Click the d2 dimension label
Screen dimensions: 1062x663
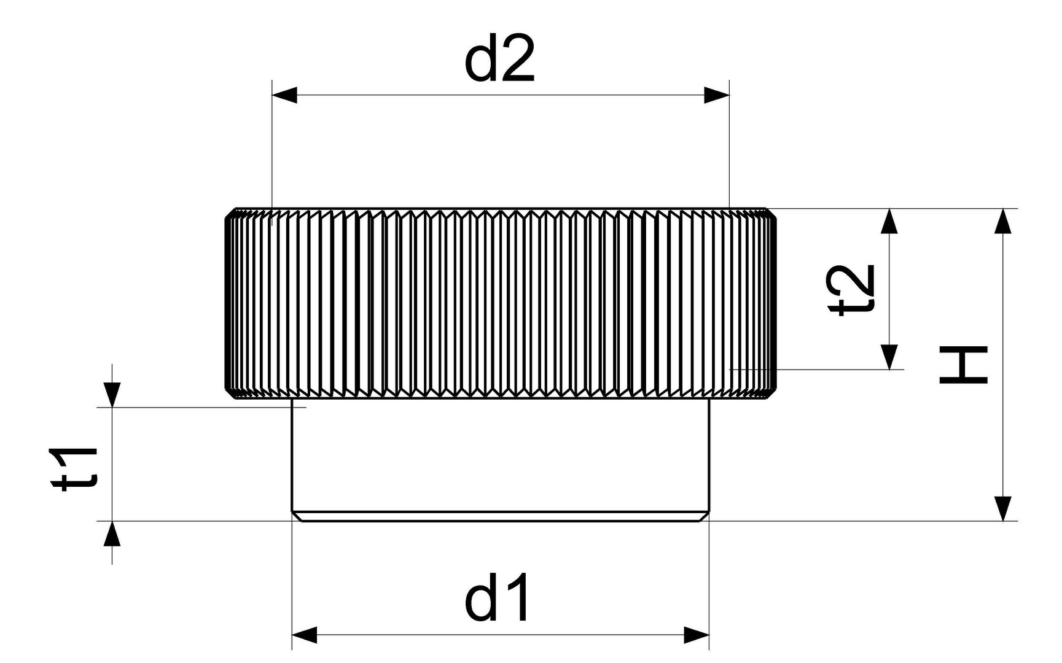tap(499, 59)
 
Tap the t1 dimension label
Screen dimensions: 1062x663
tap(76, 469)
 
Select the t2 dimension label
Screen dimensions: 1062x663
tap(851, 289)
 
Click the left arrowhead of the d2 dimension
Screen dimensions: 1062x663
tap(284, 95)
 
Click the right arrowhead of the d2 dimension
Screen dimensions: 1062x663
tap(717, 95)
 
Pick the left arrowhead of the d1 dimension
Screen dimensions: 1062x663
tap(304, 635)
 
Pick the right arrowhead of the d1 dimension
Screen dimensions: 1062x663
tap(697, 635)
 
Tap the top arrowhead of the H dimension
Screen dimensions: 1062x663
tap(1002, 221)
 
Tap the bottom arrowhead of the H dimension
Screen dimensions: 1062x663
tap(1002, 508)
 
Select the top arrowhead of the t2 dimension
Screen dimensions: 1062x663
tap(889, 221)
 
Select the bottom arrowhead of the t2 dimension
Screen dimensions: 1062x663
tap(889, 357)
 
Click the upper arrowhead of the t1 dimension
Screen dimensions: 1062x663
tap(112, 394)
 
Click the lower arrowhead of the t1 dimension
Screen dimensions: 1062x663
tap(112, 533)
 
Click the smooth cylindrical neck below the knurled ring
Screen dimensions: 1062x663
tap(500, 457)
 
